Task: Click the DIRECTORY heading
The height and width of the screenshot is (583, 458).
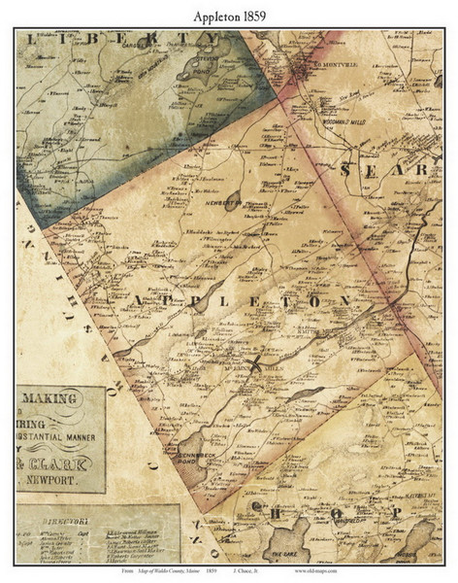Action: point(62,521)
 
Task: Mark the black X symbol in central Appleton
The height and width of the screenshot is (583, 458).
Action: point(254,365)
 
